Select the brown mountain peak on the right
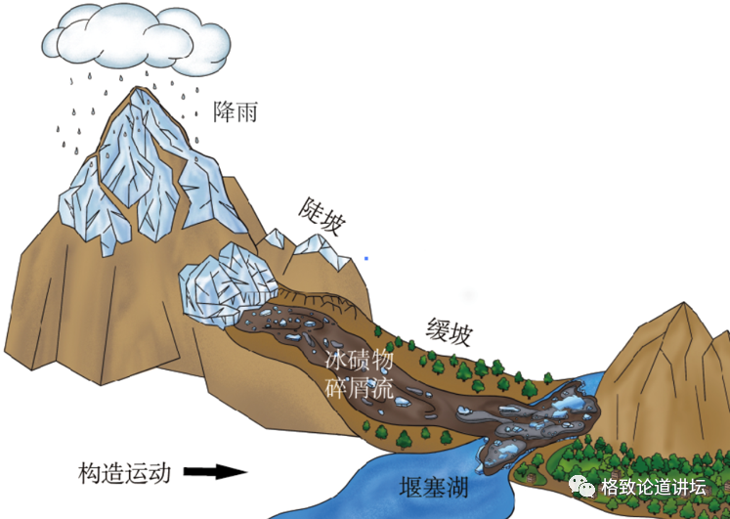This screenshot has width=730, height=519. click(x=674, y=323)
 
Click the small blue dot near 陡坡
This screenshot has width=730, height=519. click(x=366, y=258)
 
